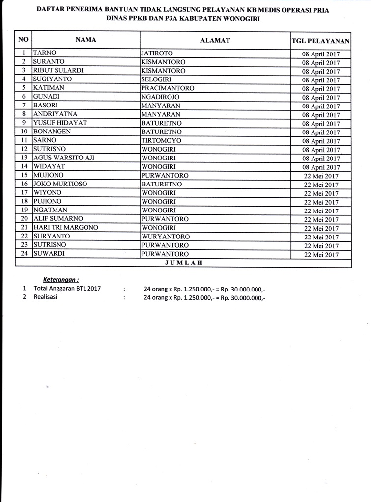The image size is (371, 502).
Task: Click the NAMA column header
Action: click(x=86, y=40)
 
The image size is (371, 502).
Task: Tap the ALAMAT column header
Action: click(x=215, y=40)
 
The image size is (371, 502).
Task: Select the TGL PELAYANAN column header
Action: click(x=320, y=41)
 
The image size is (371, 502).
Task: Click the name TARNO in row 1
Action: click(x=44, y=53)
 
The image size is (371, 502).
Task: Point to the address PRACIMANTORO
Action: click(x=168, y=88)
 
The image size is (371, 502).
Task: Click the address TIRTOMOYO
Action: click(x=161, y=140)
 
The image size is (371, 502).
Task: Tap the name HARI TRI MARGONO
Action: click(x=65, y=228)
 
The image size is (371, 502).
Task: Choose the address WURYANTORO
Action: click(x=165, y=237)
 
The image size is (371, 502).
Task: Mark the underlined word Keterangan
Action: click(x=61, y=279)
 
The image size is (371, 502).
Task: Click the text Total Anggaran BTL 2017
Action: click(x=67, y=289)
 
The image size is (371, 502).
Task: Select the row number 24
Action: click(x=24, y=254)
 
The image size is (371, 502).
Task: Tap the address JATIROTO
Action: click(x=157, y=53)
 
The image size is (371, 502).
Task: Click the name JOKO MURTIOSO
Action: click(x=60, y=184)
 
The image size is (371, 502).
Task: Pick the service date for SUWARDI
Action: click(x=321, y=255)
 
